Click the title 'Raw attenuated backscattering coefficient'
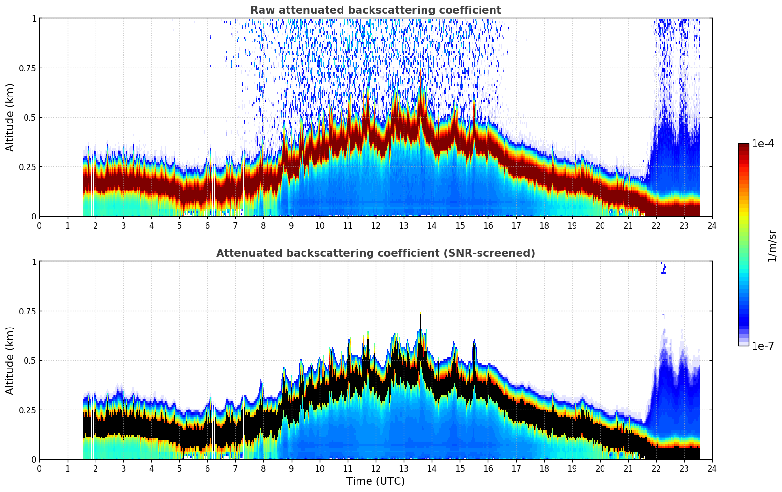375,10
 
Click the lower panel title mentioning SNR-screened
375,253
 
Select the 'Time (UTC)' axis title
375,481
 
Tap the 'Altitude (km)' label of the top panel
10,117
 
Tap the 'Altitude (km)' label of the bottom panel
10,360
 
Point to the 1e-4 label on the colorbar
763,144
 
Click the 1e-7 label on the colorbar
763,346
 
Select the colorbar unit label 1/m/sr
772,246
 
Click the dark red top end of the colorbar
743,146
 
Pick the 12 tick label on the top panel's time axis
376,225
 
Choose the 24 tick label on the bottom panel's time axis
712,468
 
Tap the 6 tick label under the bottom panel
207,468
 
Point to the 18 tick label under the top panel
544,225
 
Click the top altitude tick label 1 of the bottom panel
34,261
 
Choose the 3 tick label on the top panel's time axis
123,225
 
